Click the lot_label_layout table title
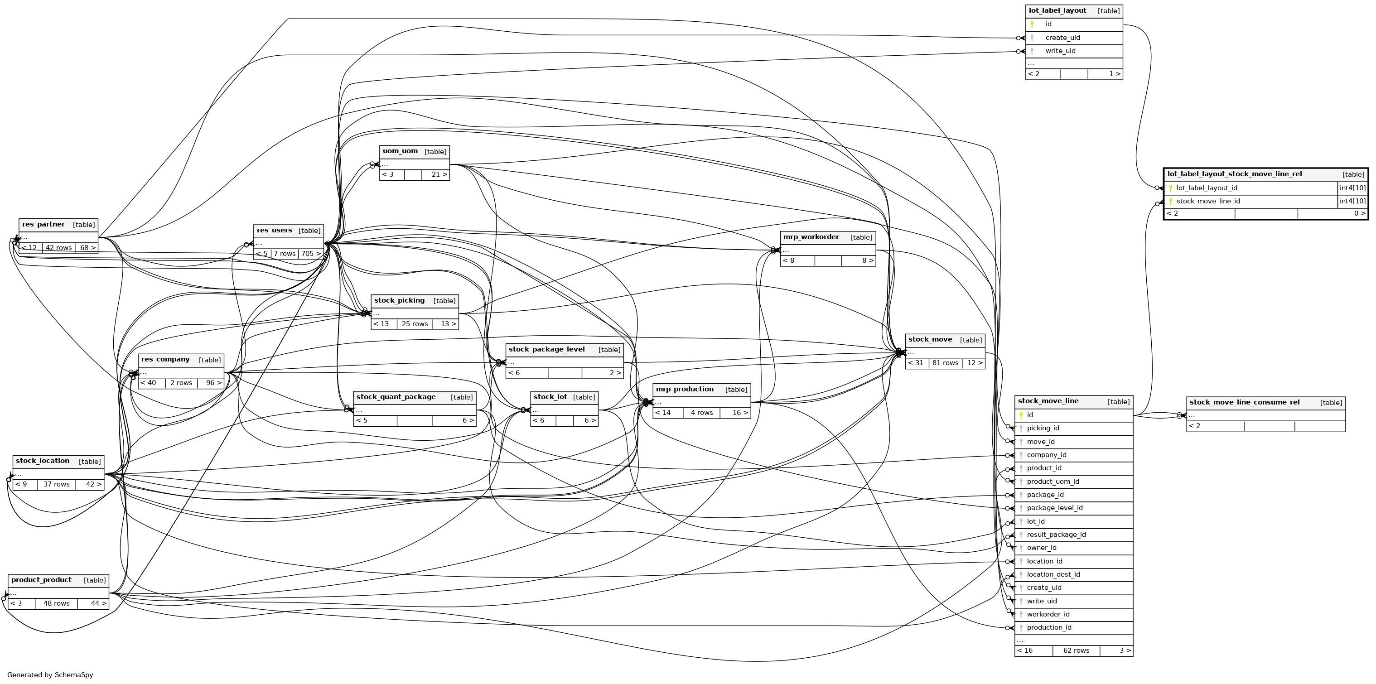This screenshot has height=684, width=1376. click(x=1057, y=11)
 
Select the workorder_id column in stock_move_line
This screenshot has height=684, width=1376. click(x=1048, y=614)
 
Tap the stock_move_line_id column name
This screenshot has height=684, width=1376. click(x=1208, y=201)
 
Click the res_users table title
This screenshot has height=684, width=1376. click(x=274, y=231)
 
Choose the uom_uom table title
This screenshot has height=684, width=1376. click(x=400, y=151)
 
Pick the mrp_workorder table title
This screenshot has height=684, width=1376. click(x=811, y=237)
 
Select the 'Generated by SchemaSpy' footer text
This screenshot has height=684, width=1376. click(x=50, y=675)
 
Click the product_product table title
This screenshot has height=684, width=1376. click(x=41, y=580)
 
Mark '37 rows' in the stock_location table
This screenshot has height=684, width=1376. click(x=57, y=484)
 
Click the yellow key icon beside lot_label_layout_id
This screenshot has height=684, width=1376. click(x=1170, y=188)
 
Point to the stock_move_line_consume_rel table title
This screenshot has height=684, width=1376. click(x=1245, y=403)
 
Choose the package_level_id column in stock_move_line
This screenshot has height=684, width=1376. click(x=1054, y=508)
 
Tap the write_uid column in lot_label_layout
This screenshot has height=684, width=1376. click(x=1060, y=51)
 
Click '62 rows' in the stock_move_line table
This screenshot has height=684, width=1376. click(x=1076, y=650)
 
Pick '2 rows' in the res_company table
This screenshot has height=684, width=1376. click(x=181, y=383)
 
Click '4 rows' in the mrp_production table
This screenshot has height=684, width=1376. click(x=701, y=413)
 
